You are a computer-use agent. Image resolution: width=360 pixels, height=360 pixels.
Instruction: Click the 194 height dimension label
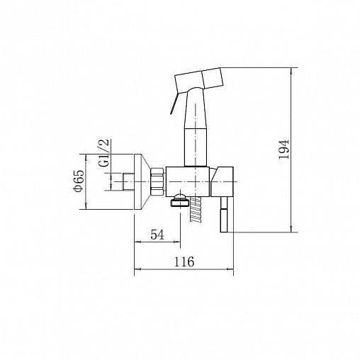[x=283, y=150]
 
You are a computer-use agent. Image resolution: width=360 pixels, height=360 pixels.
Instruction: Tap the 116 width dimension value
[x=184, y=261]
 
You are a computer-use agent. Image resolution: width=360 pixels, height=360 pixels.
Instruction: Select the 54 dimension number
[x=157, y=235]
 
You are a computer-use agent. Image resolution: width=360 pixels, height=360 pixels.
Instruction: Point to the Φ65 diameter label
[x=79, y=181]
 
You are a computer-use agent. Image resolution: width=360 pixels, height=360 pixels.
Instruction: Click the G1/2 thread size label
[x=104, y=153]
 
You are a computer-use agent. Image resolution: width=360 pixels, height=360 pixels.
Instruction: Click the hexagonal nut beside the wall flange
[x=157, y=181]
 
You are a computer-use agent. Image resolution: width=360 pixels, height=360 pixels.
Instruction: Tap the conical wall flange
[x=142, y=181]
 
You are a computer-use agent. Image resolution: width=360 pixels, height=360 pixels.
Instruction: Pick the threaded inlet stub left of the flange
[x=128, y=181]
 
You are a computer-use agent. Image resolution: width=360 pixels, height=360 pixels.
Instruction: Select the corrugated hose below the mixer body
[x=196, y=210]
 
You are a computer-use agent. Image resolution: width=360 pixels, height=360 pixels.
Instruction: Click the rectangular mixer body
[x=188, y=181]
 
